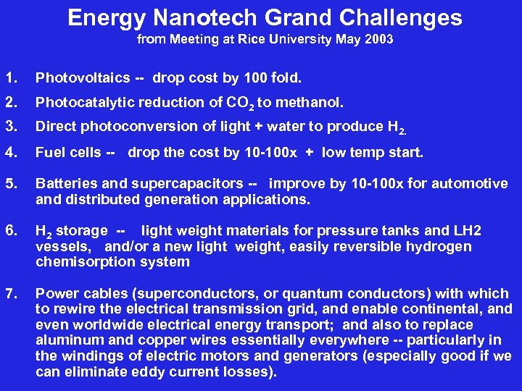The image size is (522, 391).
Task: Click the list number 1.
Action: click(x=9, y=77)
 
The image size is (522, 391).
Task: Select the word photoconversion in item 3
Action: click(x=138, y=127)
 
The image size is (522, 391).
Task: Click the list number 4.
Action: click(x=9, y=153)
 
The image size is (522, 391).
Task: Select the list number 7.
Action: click(x=9, y=293)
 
